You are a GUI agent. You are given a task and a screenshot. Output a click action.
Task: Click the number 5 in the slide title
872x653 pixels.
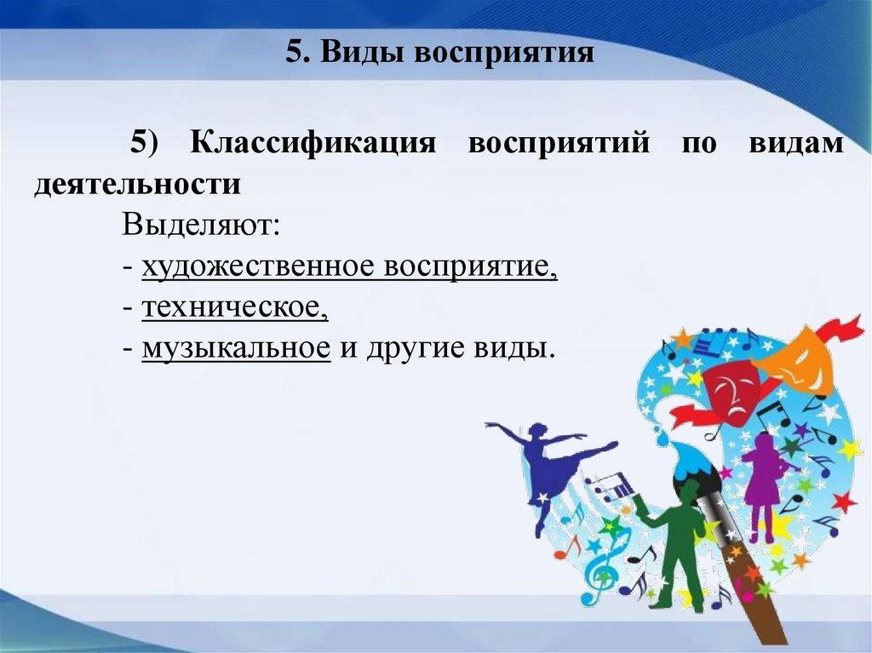click(x=292, y=52)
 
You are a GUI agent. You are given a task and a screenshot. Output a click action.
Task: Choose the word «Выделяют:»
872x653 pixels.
click(x=200, y=226)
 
